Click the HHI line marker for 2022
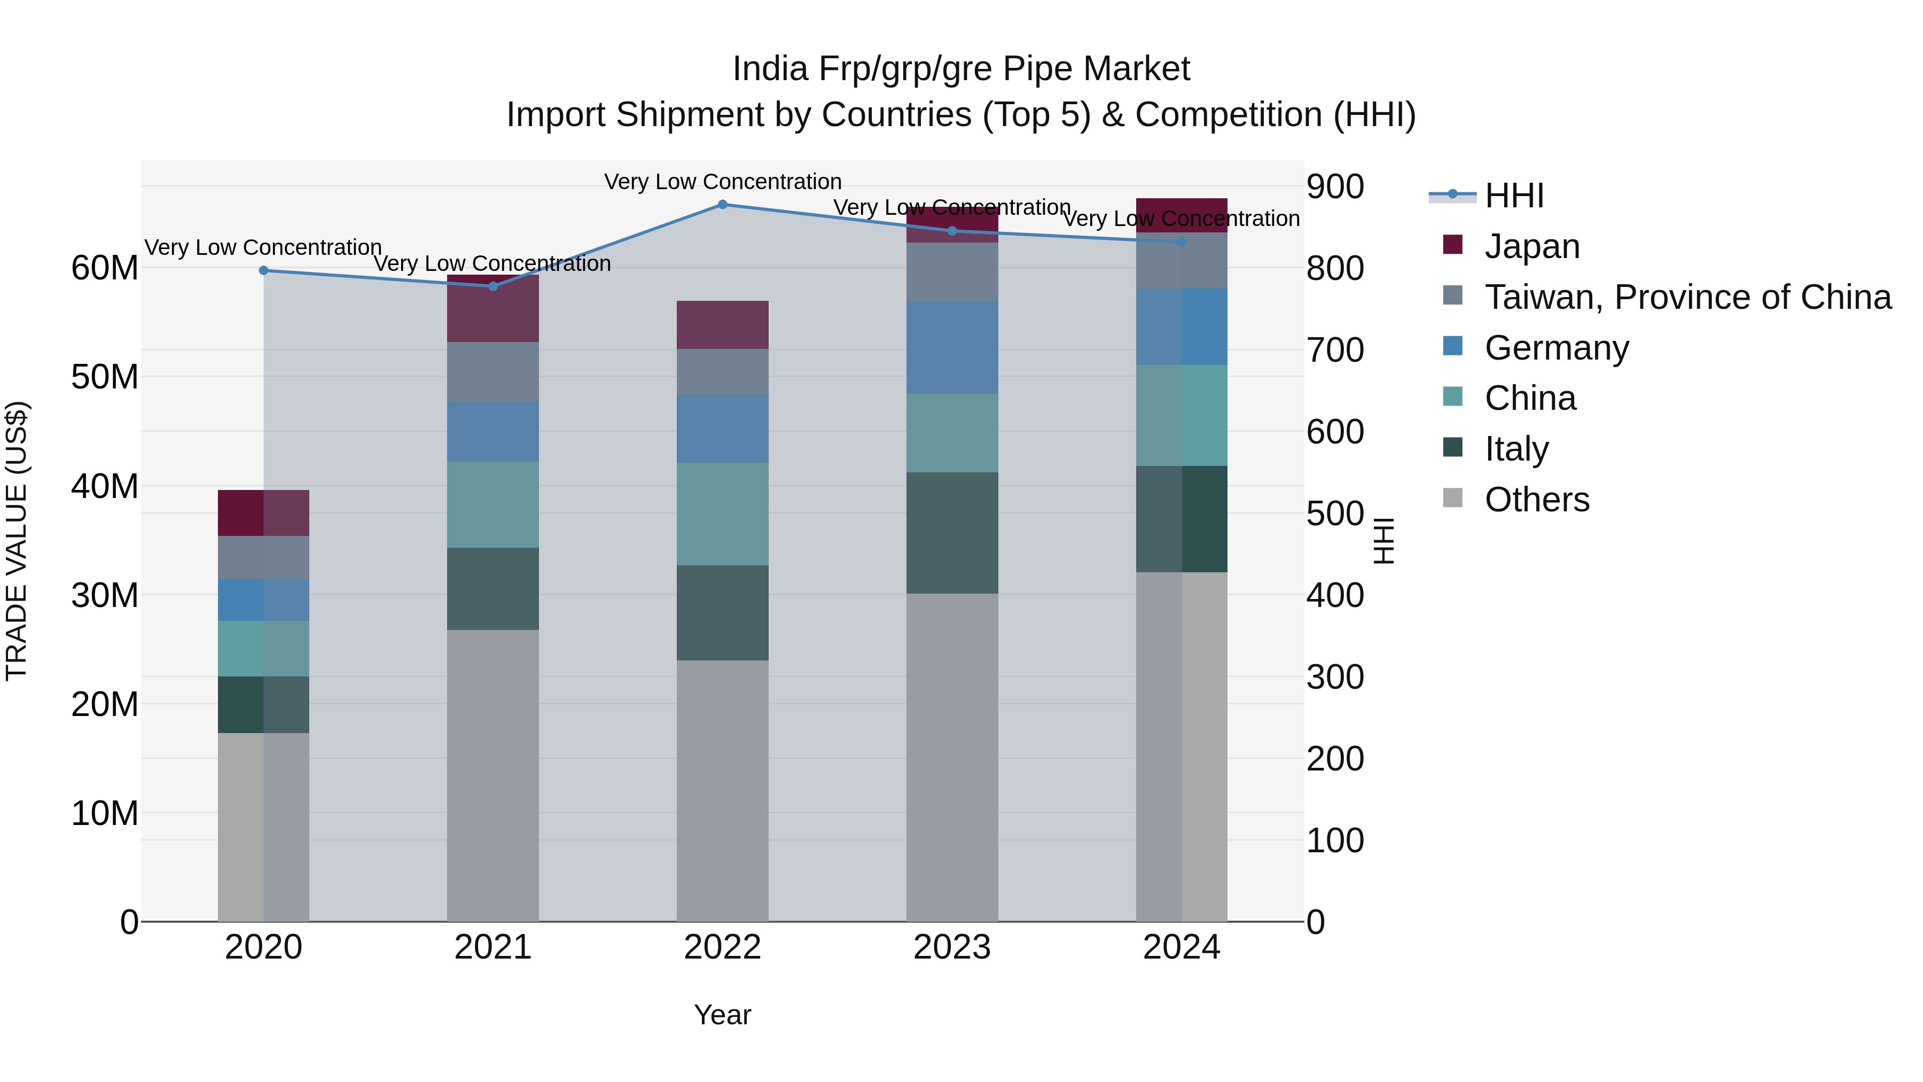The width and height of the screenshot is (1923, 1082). [x=722, y=204]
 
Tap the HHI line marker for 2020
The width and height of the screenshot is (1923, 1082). [x=263, y=270]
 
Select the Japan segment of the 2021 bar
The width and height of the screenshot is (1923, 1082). [x=493, y=308]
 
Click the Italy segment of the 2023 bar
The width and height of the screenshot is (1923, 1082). [x=952, y=532]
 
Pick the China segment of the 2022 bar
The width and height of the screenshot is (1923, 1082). [x=722, y=513]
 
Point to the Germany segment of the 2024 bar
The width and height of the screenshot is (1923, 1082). [x=1181, y=326]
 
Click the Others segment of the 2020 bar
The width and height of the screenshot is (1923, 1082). [x=263, y=827]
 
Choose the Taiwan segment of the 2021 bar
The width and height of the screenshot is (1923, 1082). [x=493, y=372]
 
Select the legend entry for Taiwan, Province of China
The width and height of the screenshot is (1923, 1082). [x=1687, y=297]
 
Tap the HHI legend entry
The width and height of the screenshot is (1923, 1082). [x=1513, y=196]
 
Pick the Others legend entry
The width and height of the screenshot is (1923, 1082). [x=1536, y=500]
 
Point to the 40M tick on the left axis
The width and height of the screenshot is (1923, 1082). [x=105, y=486]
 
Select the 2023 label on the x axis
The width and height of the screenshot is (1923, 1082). [x=952, y=947]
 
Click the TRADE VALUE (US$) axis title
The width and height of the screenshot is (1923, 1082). [x=17, y=541]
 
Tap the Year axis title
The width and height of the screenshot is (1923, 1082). [x=722, y=1015]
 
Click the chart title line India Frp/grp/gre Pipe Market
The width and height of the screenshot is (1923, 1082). [x=961, y=69]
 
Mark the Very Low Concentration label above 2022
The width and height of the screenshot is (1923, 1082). [x=722, y=182]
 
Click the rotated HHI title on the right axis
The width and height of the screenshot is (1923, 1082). [x=1383, y=541]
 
